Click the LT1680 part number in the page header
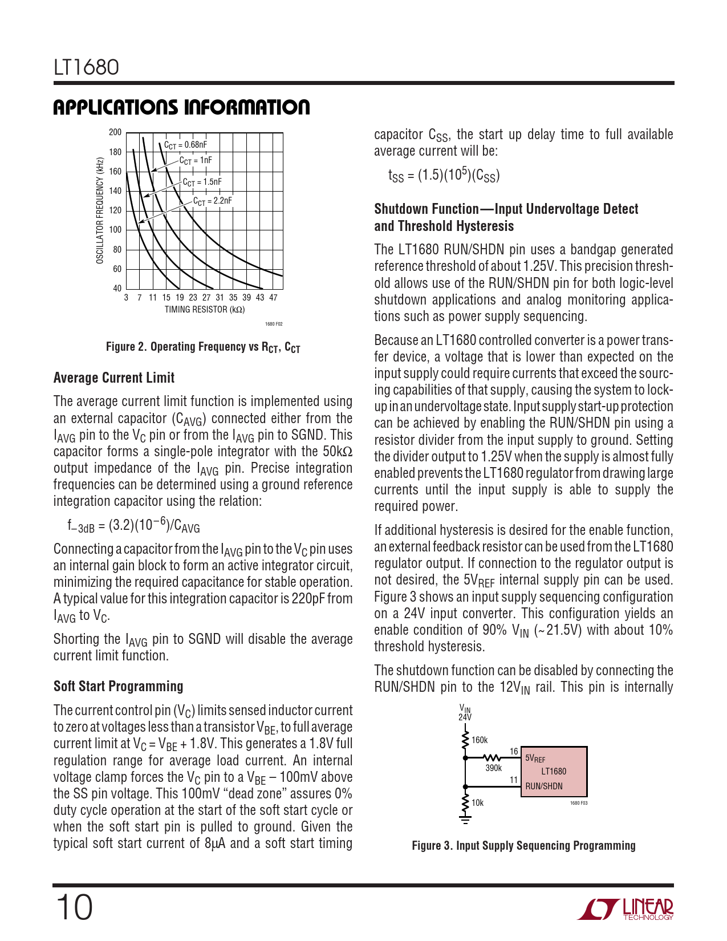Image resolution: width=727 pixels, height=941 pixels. tap(86, 68)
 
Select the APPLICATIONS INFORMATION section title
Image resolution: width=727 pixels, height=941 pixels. tap(181, 108)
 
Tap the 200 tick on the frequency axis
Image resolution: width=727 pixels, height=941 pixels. tap(115, 132)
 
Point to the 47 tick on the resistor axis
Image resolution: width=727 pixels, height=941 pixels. tap(273, 298)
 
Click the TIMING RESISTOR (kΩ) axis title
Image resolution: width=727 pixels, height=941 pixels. tap(205, 310)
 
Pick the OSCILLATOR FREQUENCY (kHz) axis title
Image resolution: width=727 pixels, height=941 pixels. tap(100, 210)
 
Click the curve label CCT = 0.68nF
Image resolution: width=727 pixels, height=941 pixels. tap(185, 145)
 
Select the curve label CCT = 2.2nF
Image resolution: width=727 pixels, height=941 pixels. tap(212, 201)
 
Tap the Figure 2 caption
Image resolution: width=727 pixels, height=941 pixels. tap(203, 347)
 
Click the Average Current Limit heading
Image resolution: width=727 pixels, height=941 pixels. tap(114, 378)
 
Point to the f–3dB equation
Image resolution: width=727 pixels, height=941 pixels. tap(133, 526)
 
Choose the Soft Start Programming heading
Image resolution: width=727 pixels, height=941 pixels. tap(119, 687)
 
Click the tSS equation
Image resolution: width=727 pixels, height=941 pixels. tap(444, 175)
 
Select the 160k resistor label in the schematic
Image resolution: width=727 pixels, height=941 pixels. tap(480, 740)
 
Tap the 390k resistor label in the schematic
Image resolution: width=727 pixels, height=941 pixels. tap(493, 768)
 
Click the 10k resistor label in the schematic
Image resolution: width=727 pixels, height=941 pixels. tap(477, 803)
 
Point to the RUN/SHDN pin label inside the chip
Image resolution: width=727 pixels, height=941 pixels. tap(544, 786)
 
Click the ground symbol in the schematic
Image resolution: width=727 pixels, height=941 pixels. tap(465, 820)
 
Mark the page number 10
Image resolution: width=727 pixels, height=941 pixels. tap(74, 908)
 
